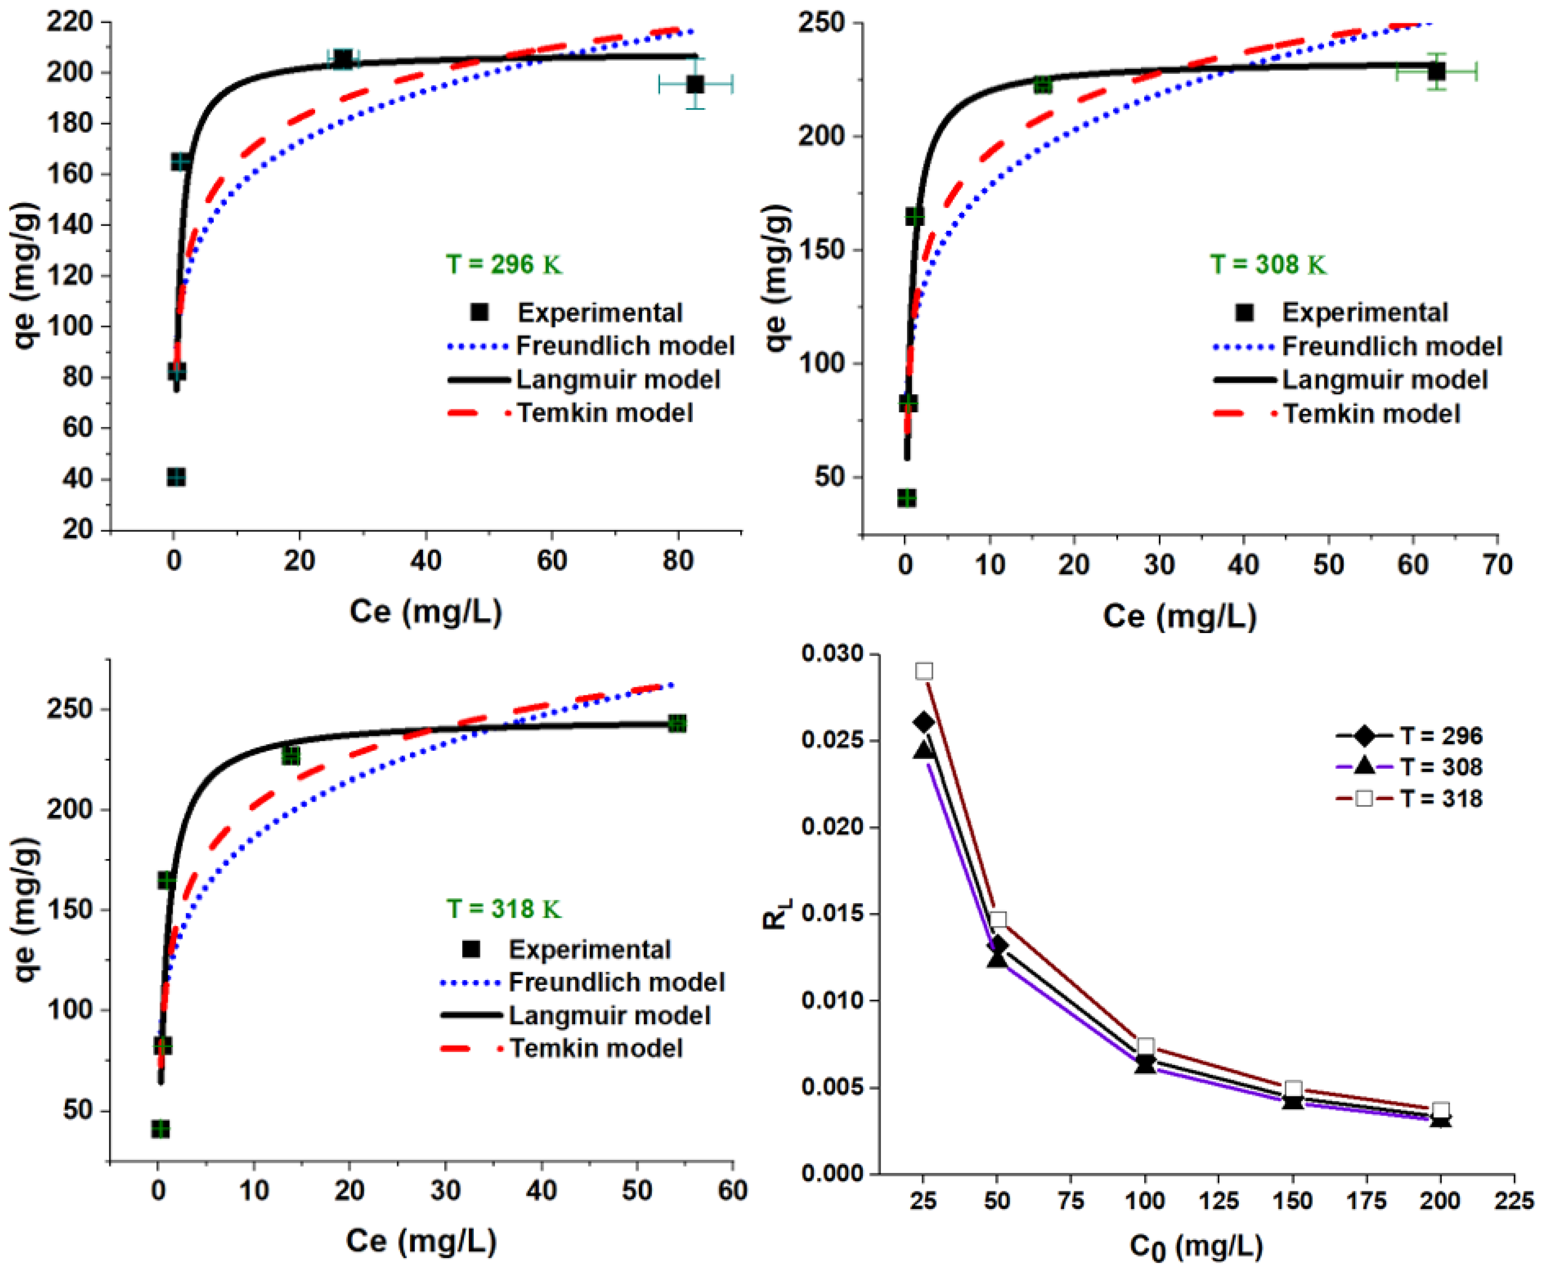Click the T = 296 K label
[x=504, y=264]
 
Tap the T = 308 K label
[x=1268, y=264]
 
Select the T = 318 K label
[x=504, y=909]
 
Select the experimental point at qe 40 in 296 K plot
[x=176, y=477]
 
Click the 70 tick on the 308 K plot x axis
[x=1497, y=564]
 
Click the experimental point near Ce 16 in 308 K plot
[x=1043, y=85]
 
